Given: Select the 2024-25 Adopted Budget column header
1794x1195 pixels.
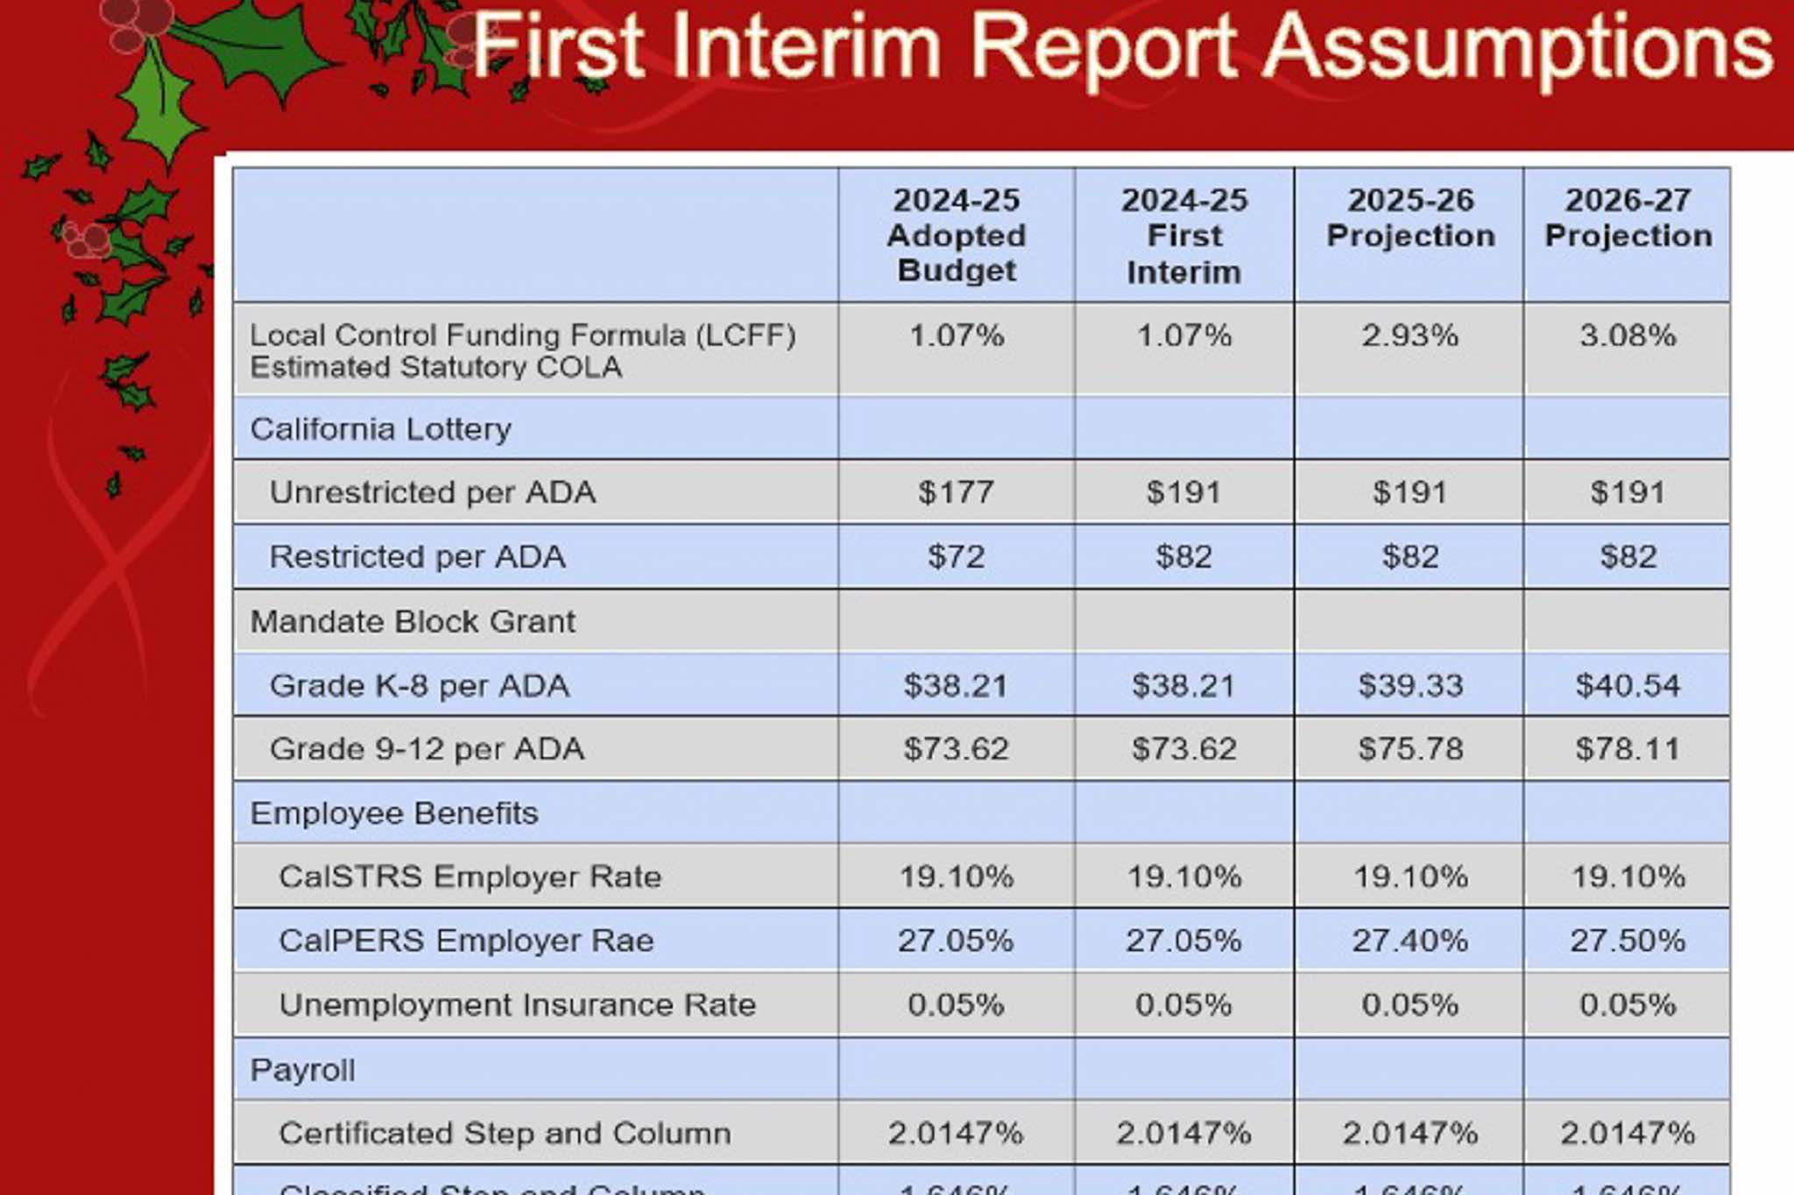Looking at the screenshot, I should click(956, 235).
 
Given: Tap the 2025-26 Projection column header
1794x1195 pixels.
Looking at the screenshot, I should click(1409, 218).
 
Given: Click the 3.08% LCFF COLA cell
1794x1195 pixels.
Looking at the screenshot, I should click(1627, 336).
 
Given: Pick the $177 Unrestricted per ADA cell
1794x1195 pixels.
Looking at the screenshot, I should click(956, 492).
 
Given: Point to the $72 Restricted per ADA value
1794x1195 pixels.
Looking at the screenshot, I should click(956, 556).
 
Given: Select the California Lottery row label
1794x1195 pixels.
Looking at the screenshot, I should click(380, 429).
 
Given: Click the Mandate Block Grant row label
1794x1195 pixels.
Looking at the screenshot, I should click(413, 621).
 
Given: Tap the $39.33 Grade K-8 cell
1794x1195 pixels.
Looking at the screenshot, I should click(1409, 685).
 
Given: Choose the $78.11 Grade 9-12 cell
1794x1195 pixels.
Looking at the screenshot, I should click(1627, 749).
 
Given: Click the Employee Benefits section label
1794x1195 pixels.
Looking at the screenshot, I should click(393, 813).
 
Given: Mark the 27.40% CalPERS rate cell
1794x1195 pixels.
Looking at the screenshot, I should click(1409, 941).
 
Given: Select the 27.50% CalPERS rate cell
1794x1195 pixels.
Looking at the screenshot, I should click(1627, 941).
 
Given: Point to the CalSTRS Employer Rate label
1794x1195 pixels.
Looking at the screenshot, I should click(470, 877).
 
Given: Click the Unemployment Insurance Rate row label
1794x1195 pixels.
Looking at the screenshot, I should click(517, 1005).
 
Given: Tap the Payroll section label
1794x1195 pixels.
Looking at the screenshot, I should click(302, 1070).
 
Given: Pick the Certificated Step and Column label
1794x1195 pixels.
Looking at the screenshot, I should click(505, 1134).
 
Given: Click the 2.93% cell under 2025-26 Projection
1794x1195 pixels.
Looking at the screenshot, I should click(1409, 336).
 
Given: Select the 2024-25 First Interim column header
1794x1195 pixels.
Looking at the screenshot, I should click(1183, 236).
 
